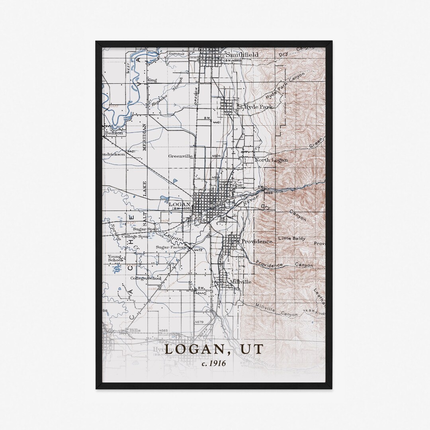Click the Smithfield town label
coord(242,55)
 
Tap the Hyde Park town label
coord(253,107)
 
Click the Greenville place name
coord(180,156)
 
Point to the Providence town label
coord(257,241)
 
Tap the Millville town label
coord(240,281)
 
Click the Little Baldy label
coord(292,238)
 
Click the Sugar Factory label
coord(171,247)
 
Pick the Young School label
coord(115,258)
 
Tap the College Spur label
coord(135,236)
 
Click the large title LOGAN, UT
coord(214,349)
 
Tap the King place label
coord(152,80)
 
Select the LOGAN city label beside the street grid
coord(179,204)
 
